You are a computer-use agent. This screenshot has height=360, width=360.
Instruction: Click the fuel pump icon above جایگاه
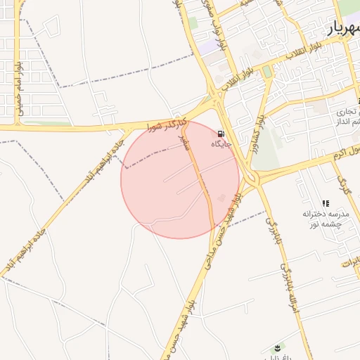[221, 134]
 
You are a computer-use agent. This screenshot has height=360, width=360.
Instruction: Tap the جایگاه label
[221, 144]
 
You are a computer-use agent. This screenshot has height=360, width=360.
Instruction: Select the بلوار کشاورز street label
[260, 120]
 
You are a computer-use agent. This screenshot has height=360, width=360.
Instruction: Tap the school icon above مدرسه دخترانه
[325, 203]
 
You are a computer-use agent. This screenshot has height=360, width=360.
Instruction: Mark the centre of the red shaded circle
[180, 179]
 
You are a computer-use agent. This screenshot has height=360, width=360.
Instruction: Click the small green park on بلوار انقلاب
[267, 72]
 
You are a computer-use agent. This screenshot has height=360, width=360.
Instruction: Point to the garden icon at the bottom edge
[276, 348]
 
